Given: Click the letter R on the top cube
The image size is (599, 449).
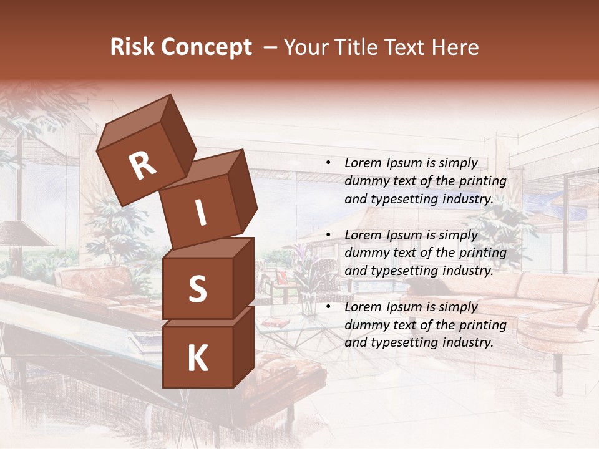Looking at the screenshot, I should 142,166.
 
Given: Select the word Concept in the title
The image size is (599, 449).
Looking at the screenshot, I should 206,47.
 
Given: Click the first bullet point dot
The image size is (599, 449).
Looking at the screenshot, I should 328,163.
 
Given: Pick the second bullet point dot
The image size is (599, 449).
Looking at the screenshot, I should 328,236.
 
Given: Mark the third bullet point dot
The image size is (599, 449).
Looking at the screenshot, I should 328,307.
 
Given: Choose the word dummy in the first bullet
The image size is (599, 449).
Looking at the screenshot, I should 366,181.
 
